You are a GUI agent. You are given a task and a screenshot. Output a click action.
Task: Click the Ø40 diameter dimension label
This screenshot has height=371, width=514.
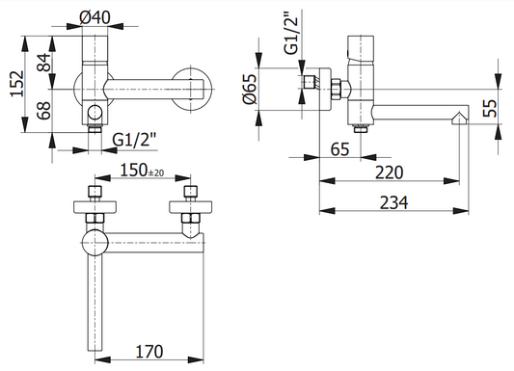95,17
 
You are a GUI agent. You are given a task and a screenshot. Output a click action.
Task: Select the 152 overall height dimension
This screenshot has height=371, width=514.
17,84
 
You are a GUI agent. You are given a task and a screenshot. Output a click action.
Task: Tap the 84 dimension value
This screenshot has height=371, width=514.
44,63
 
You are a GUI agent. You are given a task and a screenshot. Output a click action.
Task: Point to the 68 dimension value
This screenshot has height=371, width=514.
43,111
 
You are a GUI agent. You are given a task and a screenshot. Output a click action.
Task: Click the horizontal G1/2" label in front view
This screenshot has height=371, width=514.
133,140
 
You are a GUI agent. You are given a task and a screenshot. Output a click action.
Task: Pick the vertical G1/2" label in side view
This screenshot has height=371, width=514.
291,33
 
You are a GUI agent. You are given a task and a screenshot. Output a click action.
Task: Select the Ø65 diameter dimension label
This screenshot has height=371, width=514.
250,89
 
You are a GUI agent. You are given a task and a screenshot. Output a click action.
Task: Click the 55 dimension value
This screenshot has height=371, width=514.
490,108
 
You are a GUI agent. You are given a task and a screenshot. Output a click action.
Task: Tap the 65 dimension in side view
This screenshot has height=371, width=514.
340,149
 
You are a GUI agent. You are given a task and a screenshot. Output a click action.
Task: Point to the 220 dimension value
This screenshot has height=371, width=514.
389,172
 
